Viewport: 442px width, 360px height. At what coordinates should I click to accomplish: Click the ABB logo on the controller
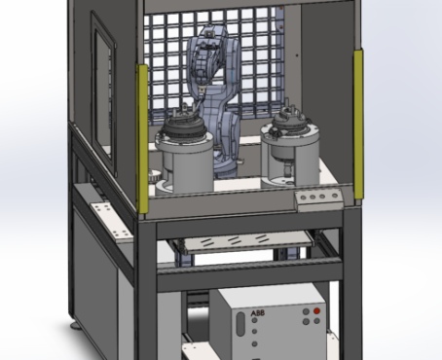coord(258,313)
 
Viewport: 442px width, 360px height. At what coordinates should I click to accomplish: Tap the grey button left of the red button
coord(306,311)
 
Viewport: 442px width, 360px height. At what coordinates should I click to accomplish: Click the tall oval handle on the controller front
coord(240,324)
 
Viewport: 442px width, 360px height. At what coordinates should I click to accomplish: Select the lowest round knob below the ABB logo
coord(255,343)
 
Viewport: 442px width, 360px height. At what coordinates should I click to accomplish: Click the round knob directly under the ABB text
coord(254,320)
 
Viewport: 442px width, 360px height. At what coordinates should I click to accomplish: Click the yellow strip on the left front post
coord(142,138)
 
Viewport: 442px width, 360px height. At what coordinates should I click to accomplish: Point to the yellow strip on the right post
coord(358,124)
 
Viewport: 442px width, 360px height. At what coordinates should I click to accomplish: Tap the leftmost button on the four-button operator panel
coord(304,198)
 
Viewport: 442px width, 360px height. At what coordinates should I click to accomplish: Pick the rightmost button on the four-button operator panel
coord(335,196)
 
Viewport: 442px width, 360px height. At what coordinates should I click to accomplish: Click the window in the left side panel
coord(103,94)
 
